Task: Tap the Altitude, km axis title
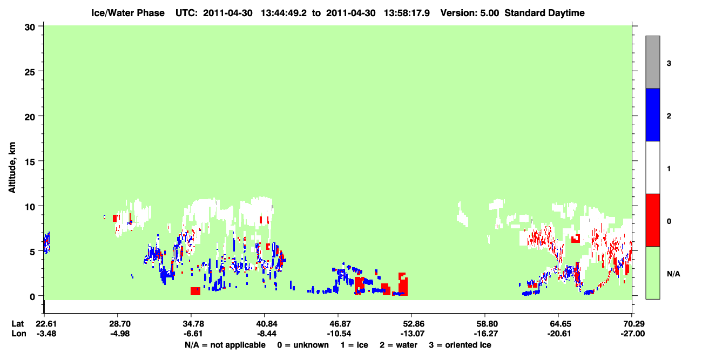pos(12,167)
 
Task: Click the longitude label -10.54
pos(338,334)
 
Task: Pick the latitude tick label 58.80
pos(485,323)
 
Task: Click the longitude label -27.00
pos(632,334)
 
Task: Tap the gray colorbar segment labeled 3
pos(653,62)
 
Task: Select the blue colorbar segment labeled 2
pos(653,114)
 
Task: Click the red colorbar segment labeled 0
pos(653,220)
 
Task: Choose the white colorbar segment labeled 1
pos(653,167)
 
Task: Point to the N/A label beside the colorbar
pos(673,274)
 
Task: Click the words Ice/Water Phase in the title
pos(128,13)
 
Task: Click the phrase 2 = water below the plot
pos(399,345)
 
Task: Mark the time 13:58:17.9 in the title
pos(407,13)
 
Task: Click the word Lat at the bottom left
pos(17,323)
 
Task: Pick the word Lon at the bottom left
pos(19,334)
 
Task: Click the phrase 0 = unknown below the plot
pos(303,345)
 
